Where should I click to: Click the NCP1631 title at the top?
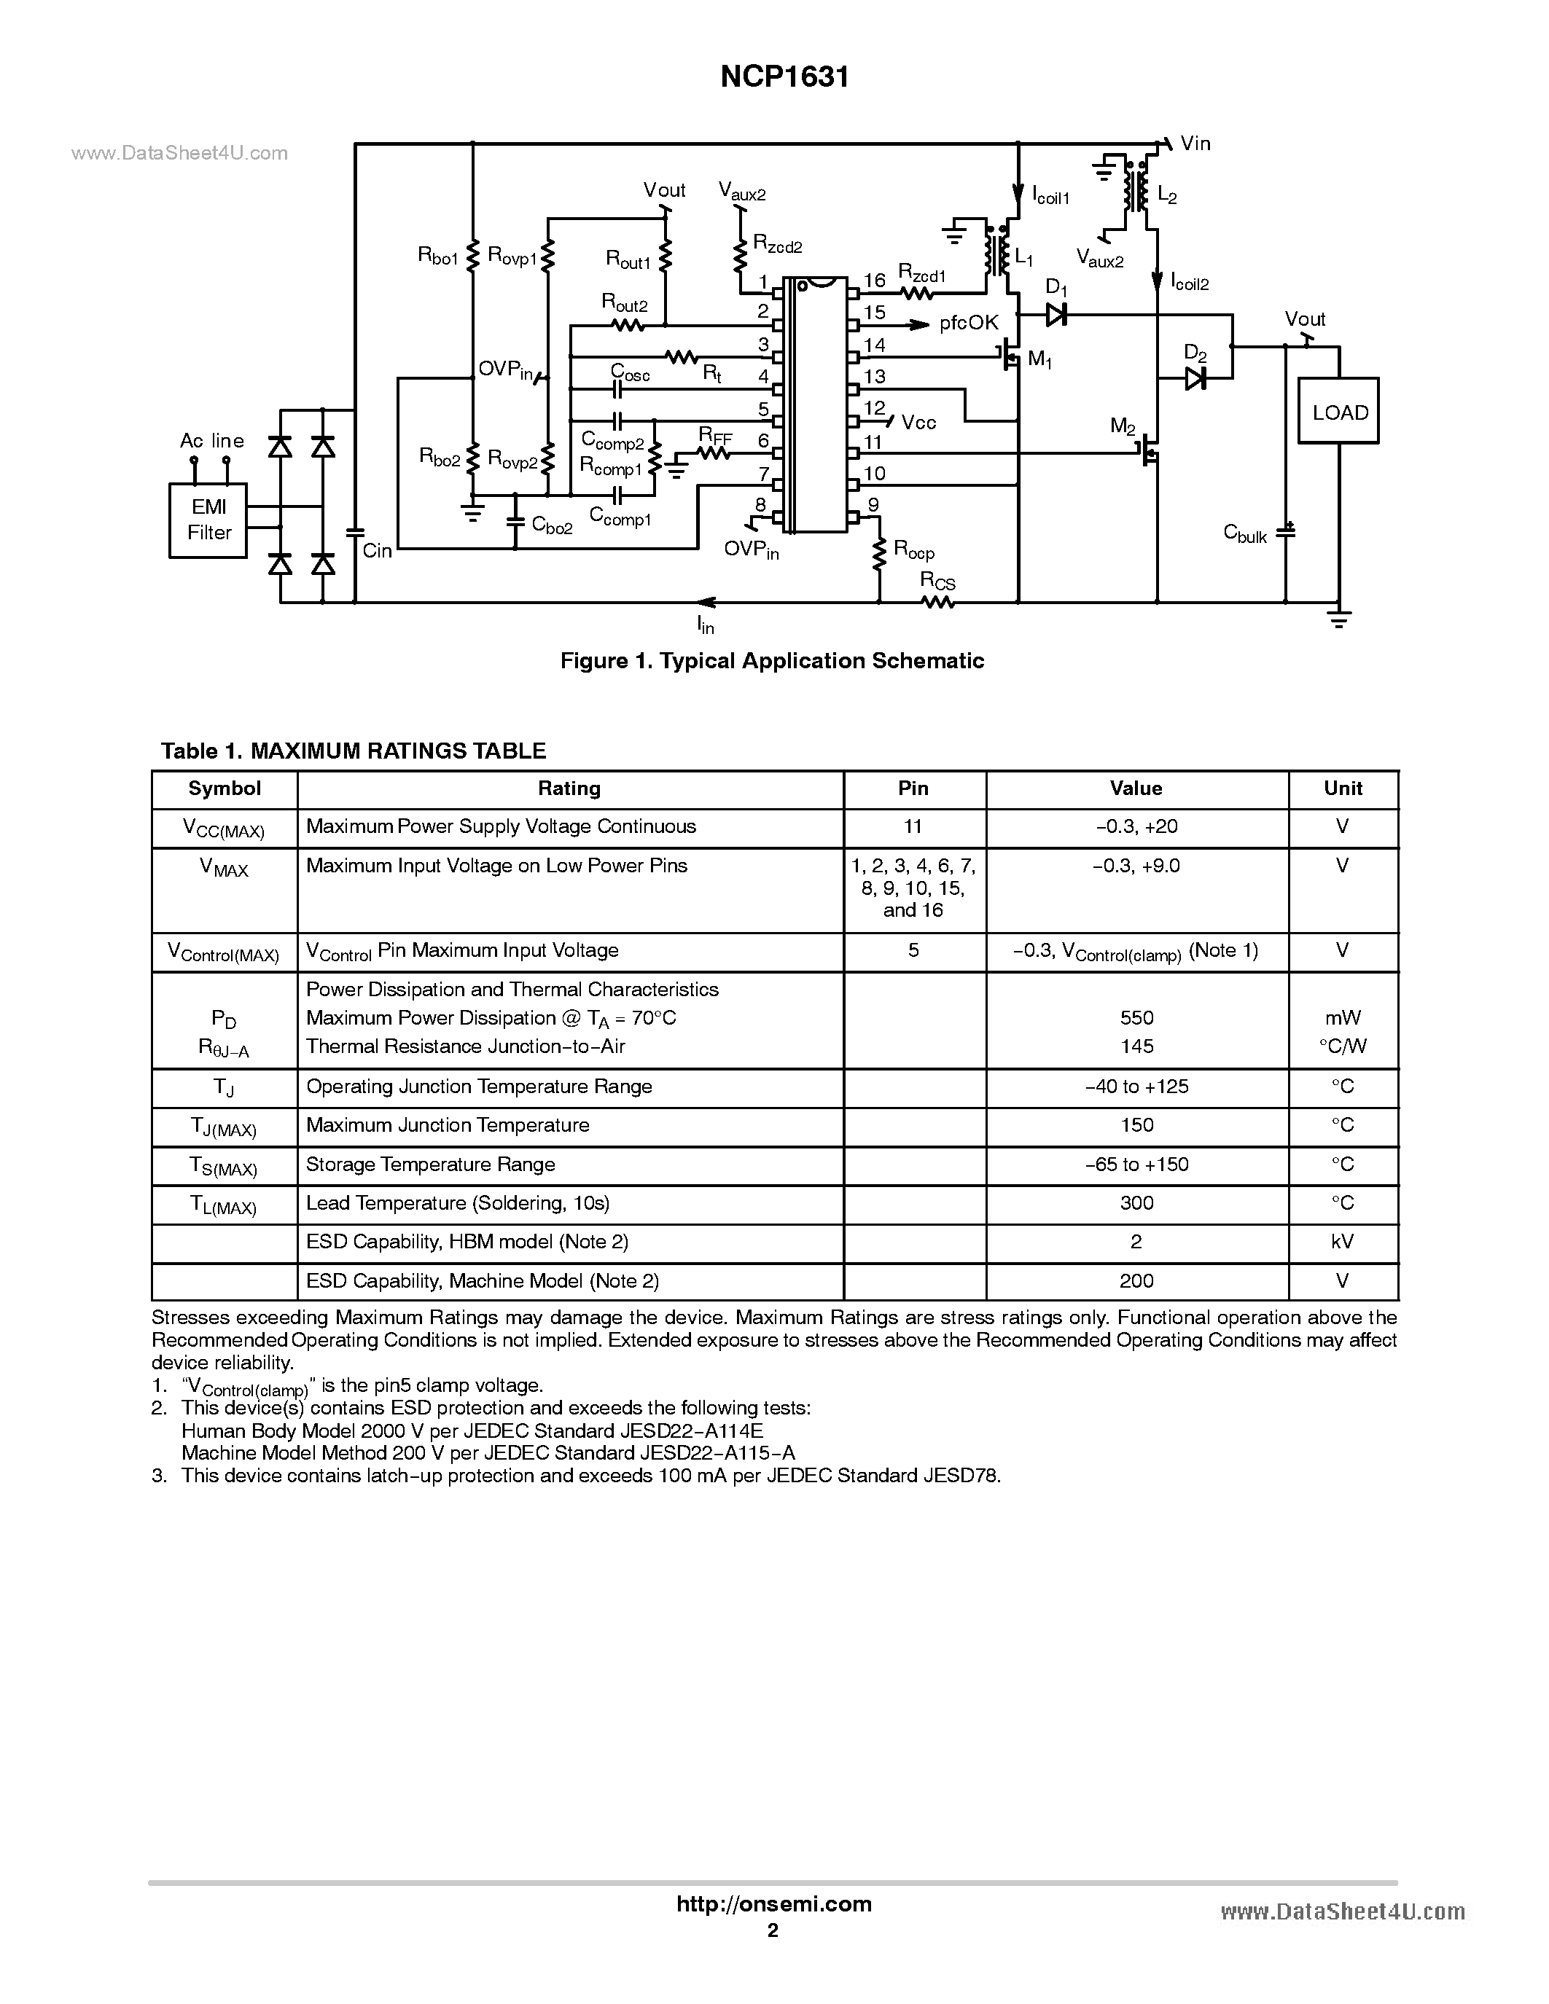(784, 77)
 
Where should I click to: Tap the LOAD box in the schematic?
(1339, 412)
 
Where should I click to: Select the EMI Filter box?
(208, 520)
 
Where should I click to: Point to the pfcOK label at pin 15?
(968, 323)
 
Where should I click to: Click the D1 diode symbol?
(1056, 315)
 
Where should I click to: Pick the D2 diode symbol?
(1195, 378)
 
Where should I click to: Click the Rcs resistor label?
(938, 581)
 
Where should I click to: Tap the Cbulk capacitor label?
(1245, 533)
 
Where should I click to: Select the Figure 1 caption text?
(772, 661)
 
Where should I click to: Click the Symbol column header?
(224, 788)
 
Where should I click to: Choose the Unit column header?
(1343, 788)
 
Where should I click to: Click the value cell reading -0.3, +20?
(1136, 827)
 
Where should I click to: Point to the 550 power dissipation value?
(1136, 1017)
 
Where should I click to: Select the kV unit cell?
(1343, 1242)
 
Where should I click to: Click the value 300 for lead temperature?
(1136, 1203)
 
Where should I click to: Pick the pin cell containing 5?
(913, 950)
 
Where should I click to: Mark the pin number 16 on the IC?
(875, 281)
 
